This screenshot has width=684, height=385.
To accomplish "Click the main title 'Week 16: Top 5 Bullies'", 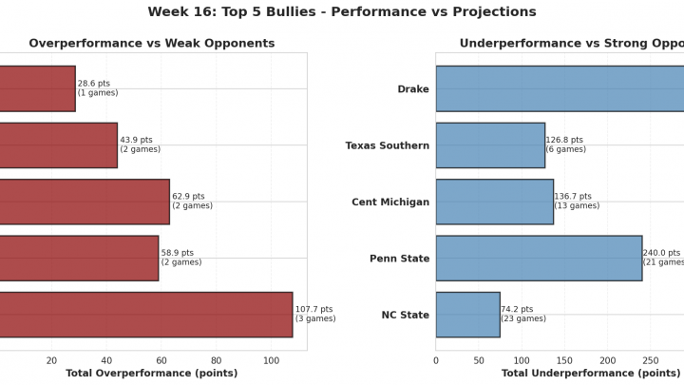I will coord(342,12).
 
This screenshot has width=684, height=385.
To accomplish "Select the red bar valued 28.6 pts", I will coord(36,88).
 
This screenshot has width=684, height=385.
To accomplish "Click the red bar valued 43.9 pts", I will coord(57,145).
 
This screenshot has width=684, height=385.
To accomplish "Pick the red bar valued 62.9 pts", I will coord(84,202).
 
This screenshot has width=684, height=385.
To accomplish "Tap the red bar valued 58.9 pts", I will coord(78,258).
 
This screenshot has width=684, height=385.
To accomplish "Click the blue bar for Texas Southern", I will coord(490,145).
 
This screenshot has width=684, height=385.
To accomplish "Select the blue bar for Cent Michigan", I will coord(494,202).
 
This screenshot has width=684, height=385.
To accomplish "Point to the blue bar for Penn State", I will coord(539,258).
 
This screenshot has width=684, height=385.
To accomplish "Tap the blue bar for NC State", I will coord(467,315).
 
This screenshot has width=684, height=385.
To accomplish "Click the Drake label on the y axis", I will coord(413,89).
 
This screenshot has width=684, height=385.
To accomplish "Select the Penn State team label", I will coord(399,259).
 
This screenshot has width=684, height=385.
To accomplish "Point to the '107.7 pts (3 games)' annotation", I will coord(315,314).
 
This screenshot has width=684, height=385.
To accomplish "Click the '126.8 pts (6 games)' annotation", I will coord(565,144).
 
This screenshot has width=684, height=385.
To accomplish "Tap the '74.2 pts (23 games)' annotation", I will coord(523,314).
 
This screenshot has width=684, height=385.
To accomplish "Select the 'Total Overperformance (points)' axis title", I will coord(151,374).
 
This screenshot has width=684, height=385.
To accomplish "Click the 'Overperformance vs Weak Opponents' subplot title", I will coord(152,44).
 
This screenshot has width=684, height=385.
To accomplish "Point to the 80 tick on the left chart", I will coord(217,360).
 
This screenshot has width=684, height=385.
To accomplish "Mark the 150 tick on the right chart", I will coord(565,360).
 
